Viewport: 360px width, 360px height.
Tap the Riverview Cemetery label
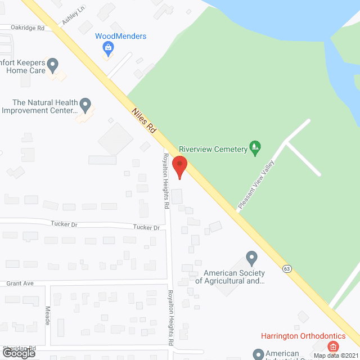click(x=214, y=149)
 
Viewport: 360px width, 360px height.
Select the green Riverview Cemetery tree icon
click(x=255, y=148)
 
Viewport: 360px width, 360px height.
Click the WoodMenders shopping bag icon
click(x=107, y=49)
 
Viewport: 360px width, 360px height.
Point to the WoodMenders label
click(x=120, y=37)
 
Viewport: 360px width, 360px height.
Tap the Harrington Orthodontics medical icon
click(x=334, y=346)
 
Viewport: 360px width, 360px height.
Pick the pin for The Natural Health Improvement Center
click(x=85, y=104)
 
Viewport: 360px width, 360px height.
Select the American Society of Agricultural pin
click(x=252, y=258)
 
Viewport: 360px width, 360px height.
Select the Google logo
click(x=18, y=353)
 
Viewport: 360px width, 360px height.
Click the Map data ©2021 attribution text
click(x=335, y=355)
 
